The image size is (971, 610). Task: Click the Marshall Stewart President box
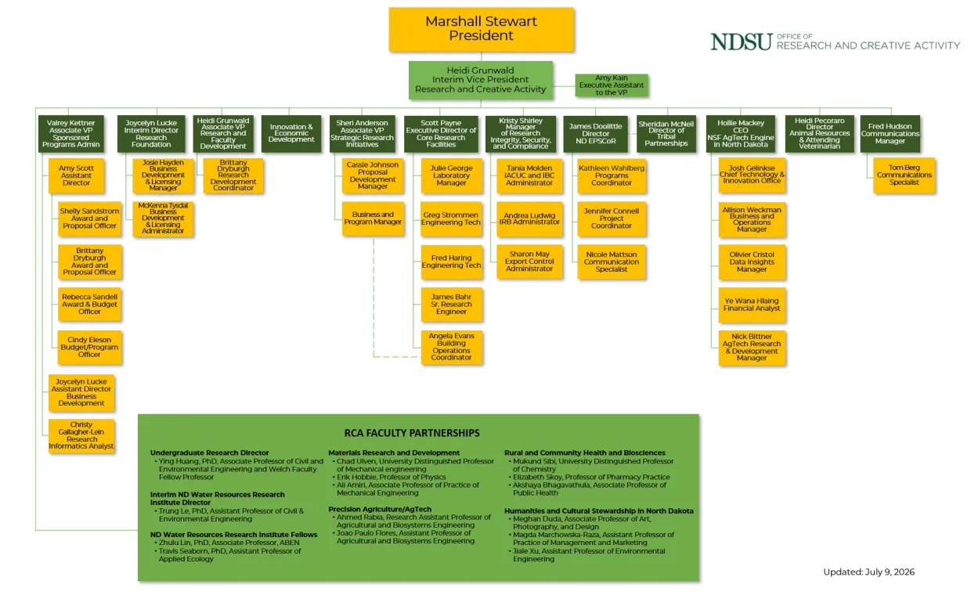pyautogui.click(x=481, y=29)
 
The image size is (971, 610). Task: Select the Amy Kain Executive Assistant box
pyautogui.click(x=612, y=85)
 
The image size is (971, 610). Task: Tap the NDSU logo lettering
pyautogui.click(x=742, y=42)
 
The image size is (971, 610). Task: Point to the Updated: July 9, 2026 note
pyautogui.click(x=868, y=572)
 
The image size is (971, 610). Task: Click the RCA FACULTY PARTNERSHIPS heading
pyautogui.click(x=412, y=433)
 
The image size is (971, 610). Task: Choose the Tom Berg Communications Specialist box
pyautogui.click(x=904, y=175)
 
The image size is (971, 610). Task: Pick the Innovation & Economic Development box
pyautogui.click(x=291, y=134)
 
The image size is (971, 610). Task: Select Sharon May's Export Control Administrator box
pyautogui.click(x=529, y=262)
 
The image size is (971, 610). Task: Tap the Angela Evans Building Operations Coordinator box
pyautogui.click(x=451, y=347)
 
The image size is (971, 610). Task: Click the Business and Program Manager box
pyautogui.click(x=373, y=218)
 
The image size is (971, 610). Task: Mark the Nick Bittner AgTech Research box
pyautogui.click(x=752, y=347)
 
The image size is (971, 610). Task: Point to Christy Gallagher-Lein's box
pyautogui.click(x=81, y=435)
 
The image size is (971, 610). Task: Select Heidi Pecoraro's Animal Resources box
pyautogui.click(x=819, y=134)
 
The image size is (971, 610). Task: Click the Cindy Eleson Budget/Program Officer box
pyautogui.click(x=89, y=347)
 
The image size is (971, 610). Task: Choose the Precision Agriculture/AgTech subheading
pyautogui.click(x=380, y=509)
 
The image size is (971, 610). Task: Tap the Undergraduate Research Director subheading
pyautogui.click(x=209, y=453)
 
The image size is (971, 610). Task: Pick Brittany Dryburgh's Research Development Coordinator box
pyautogui.click(x=233, y=175)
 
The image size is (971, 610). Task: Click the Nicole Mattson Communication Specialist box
pyautogui.click(x=612, y=262)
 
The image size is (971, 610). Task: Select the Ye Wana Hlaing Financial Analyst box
pyautogui.click(x=752, y=305)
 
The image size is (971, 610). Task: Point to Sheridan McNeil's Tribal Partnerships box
pyautogui.click(x=666, y=134)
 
